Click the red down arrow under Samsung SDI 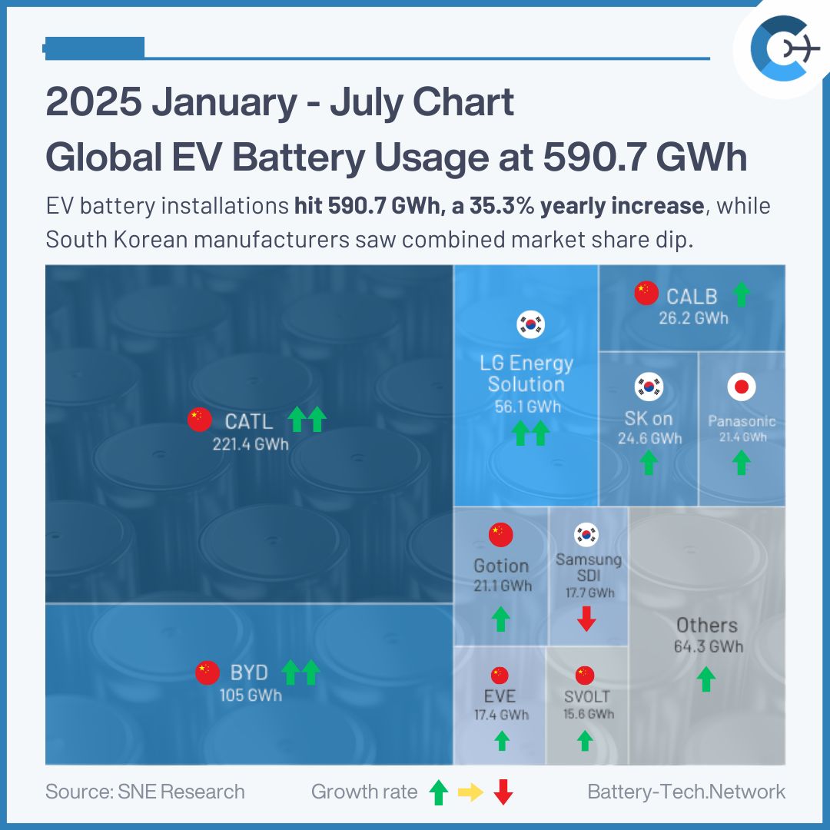click(586, 619)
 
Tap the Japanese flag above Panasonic click(742, 387)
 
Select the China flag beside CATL click(199, 420)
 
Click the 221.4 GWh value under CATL click(251, 443)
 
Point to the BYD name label click(249, 672)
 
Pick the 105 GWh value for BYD click(249, 696)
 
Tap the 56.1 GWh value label click(527, 407)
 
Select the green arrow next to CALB click(740, 294)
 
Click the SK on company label click(649, 419)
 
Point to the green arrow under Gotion click(501, 619)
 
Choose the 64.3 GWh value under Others click(708, 646)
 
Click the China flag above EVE click(500, 676)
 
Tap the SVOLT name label click(586, 697)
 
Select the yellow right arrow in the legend click(470, 792)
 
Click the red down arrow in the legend click(503, 792)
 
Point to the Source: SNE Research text click(145, 792)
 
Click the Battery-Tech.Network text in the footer click(686, 792)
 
